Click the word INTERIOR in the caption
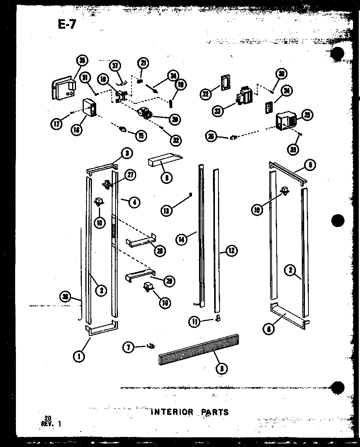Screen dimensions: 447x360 tap(171, 412)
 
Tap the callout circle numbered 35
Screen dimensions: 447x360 tap(82, 60)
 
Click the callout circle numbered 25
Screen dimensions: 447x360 tap(308, 115)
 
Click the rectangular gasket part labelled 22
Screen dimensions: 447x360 tap(225, 83)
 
